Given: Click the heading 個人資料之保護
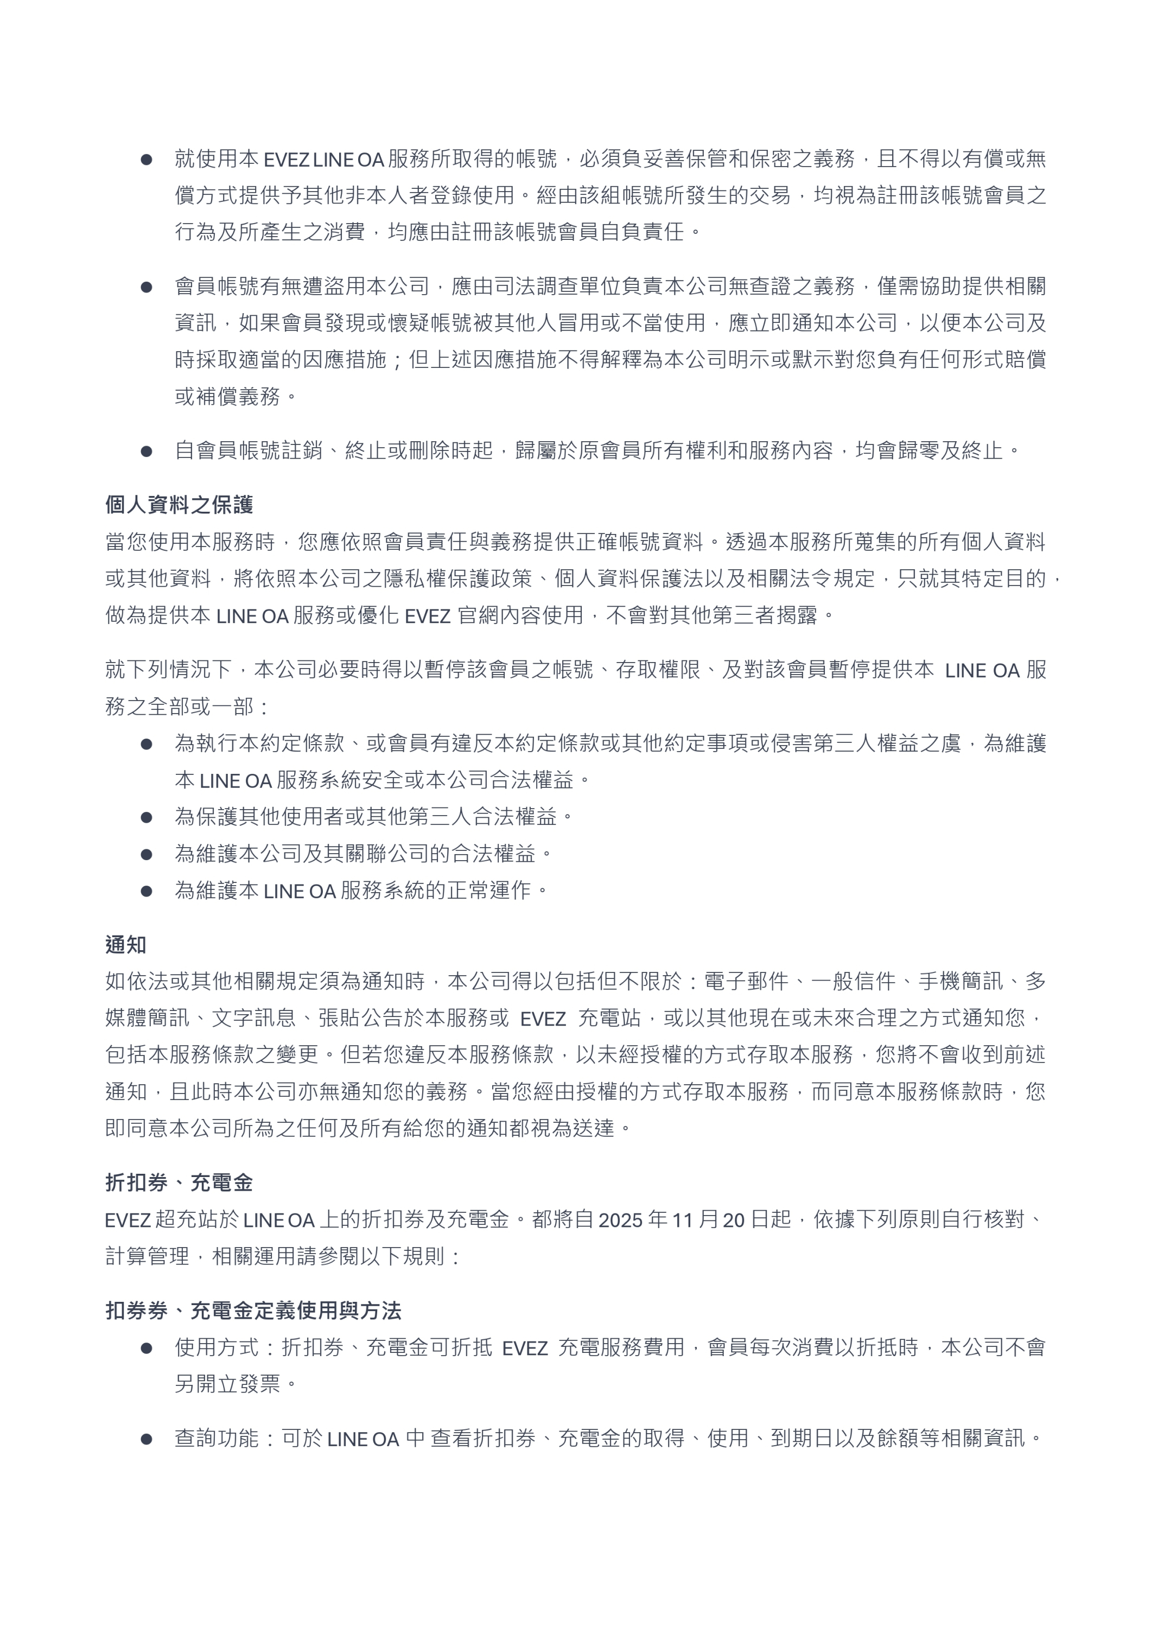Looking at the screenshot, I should point(179,505).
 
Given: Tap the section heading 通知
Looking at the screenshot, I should point(125,945).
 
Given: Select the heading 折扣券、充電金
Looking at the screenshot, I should point(179,1182).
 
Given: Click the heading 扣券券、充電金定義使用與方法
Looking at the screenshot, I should point(253,1311).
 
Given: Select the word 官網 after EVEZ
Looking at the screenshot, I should point(478,615).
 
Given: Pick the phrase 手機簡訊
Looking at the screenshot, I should point(961,981).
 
